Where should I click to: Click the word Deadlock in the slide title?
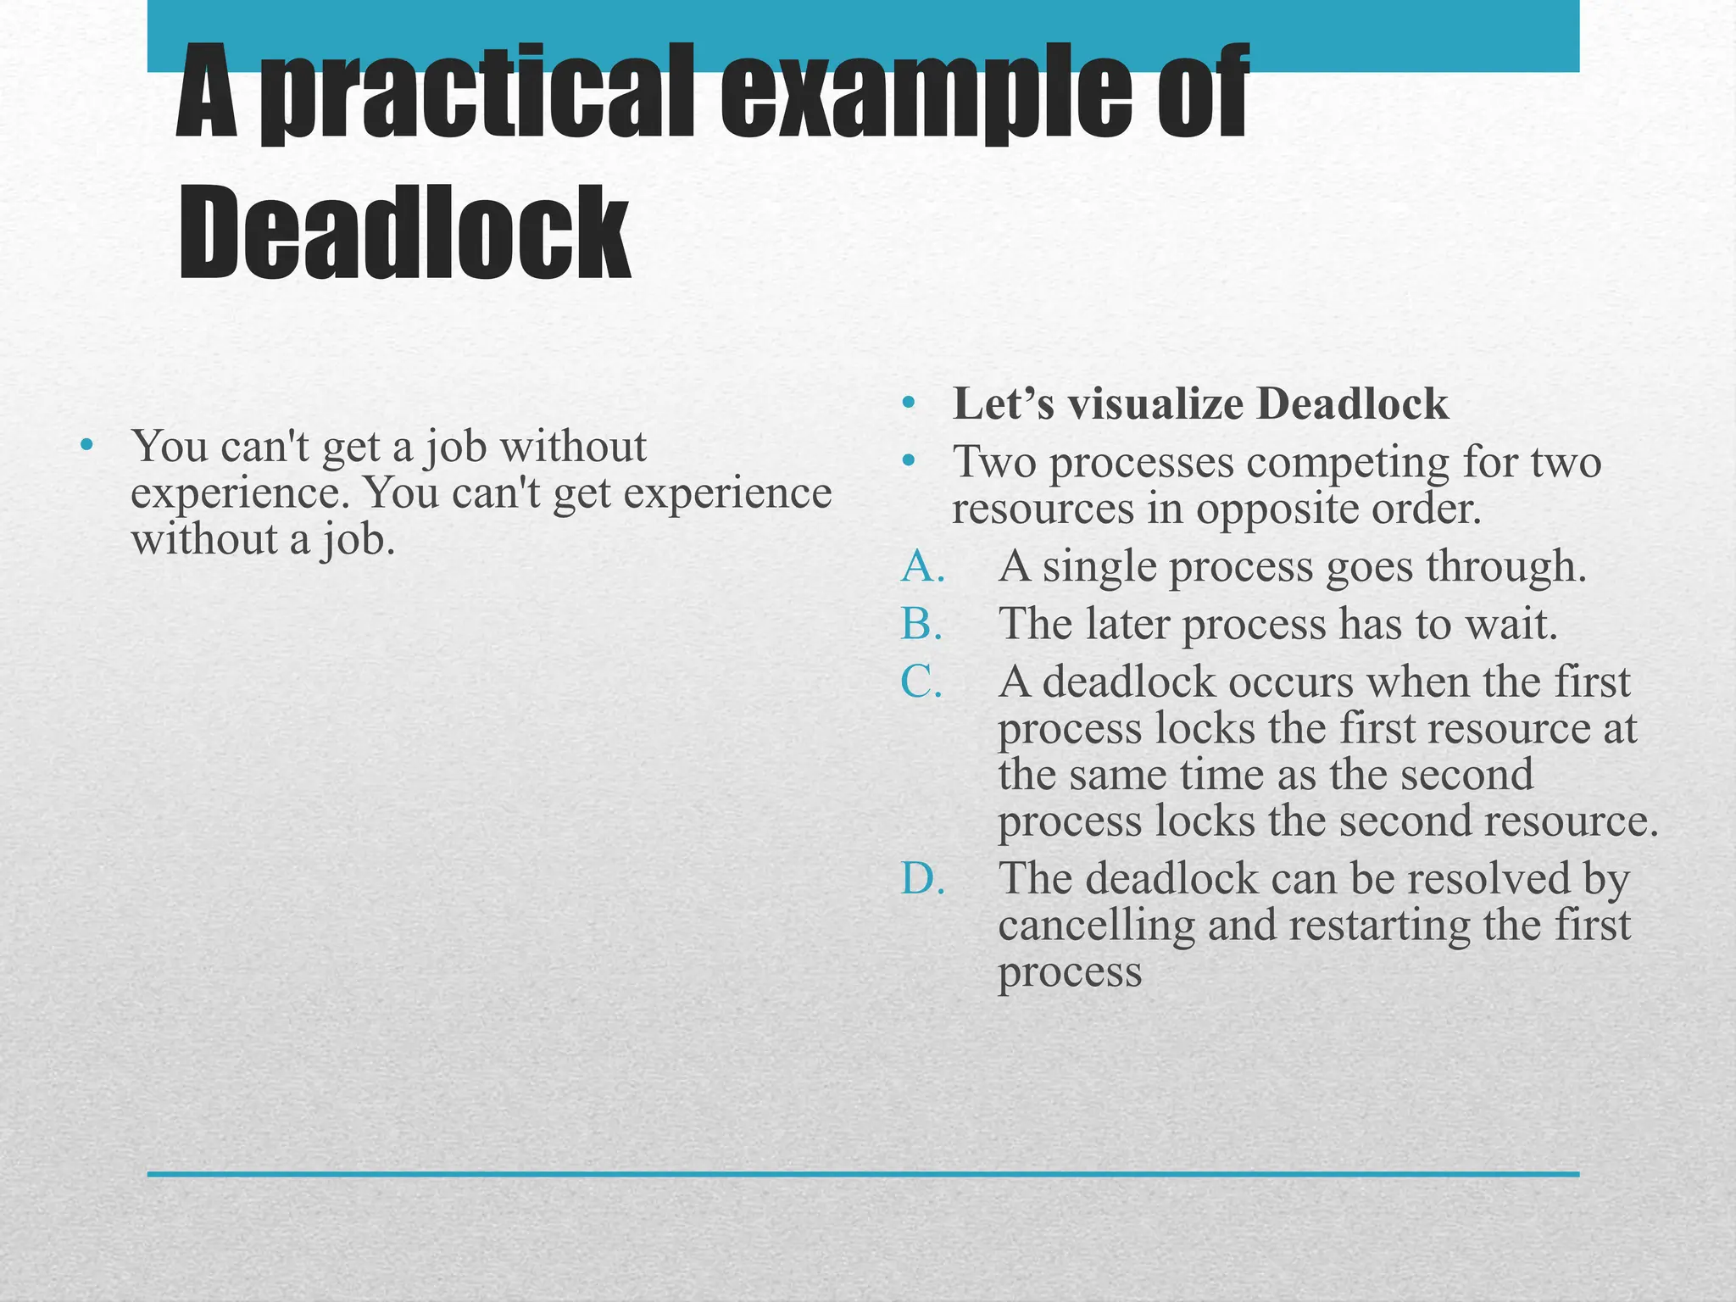(404, 232)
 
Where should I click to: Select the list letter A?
(922, 566)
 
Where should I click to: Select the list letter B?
(921, 624)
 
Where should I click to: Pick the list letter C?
(921, 682)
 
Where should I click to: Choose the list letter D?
(922, 878)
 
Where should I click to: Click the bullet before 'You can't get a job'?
(85, 446)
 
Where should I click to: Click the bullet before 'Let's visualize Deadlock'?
(909, 403)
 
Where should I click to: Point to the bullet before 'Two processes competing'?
(909, 462)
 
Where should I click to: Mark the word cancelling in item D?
(1096, 926)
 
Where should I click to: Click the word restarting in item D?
(1379, 926)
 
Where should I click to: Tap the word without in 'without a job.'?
(203, 539)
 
